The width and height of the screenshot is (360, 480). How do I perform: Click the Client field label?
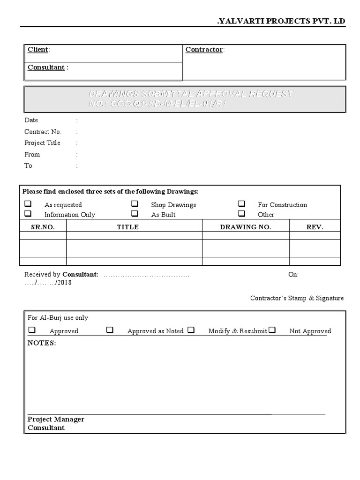pyautogui.click(x=38, y=50)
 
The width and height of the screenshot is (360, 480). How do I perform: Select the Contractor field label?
pyautogui.click(x=204, y=50)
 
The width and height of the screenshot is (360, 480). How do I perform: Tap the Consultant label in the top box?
pyautogui.click(x=46, y=67)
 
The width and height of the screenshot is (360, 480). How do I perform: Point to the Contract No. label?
pyautogui.click(x=43, y=132)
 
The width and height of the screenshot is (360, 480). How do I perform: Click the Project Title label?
pyautogui.click(x=42, y=143)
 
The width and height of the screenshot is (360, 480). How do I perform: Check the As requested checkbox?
pyautogui.click(x=28, y=204)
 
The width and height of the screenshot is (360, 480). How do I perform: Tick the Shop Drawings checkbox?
pyautogui.click(x=135, y=204)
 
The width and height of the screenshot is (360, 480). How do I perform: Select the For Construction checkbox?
pyautogui.click(x=241, y=204)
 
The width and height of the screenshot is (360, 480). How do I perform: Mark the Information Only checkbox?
pyautogui.click(x=28, y=214)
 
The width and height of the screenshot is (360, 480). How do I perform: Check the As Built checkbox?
pyautogui.click(x=135, y=214)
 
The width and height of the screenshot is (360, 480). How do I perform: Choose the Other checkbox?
pyautogui.click(x=241, y=214)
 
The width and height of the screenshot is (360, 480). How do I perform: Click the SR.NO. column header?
pyautogui.click(x=43, y=227)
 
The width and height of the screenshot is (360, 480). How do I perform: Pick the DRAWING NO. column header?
pyautogui.click(x=245, y=227)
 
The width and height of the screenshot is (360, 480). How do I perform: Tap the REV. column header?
pyautogui.click(x=315, y=227)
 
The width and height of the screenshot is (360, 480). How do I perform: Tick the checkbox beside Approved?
pyautogui.click(x=32, y=330)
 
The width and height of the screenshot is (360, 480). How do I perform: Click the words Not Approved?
pyautogui.click(x=310, y=331)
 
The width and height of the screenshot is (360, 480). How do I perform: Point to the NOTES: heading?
pyautogui.click(x=41, y=343)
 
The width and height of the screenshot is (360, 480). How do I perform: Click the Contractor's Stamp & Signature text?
pyautogui.click(x=297, y=298)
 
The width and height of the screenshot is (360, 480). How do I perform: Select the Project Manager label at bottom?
pyautogui.click(x=56, y=419)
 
